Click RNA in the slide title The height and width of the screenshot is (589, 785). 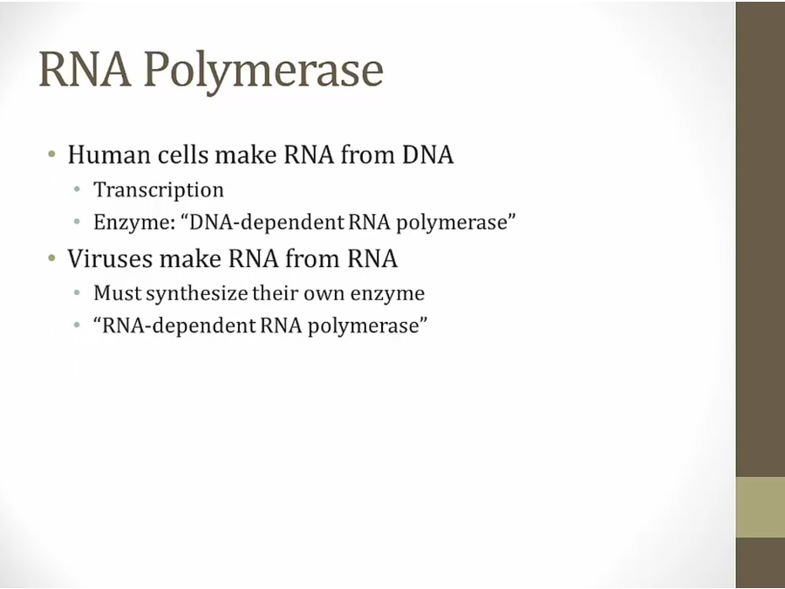(x=85, y=69)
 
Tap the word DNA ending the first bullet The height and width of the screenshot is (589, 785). (x=428, y=154)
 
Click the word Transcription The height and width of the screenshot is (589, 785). (x=159, y=190)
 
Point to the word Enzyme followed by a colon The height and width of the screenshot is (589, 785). (x=134, y=223)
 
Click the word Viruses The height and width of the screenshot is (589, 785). (x=110, y=258)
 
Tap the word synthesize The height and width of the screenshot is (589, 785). (x=197, y=293)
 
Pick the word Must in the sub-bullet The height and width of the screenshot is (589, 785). (x=118, y=293)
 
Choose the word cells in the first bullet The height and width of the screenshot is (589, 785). (x=183, y=154)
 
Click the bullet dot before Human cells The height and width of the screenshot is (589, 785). (x=52, y=154)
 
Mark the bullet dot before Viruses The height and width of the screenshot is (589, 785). (x=52, y=258)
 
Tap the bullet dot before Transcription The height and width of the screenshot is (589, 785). (x=77, y=189)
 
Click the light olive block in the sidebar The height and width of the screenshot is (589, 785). (x=760, y=507)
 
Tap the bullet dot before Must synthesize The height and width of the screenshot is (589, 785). (x=77, y=292)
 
